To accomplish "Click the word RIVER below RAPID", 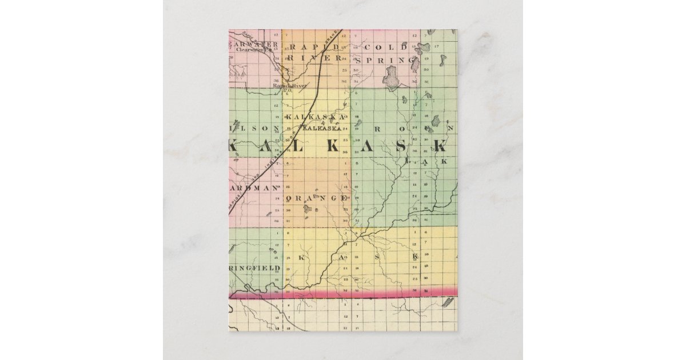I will click(x=315, y=58).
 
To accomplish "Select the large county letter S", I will click(x=401, y=147).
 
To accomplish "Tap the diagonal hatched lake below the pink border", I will click(x=447, y=302).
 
